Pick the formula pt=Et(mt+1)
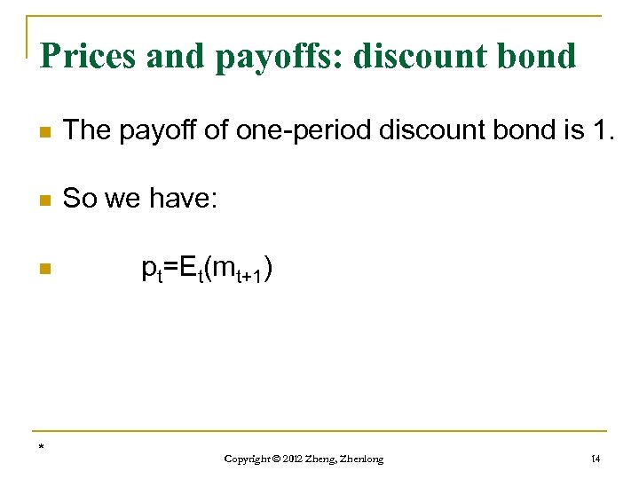[207, 267]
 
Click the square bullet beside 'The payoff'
[46, 132]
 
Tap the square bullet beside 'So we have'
[46, 200]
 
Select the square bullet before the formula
[46, 268]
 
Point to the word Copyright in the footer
[248, 459]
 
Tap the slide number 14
[595, 459]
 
